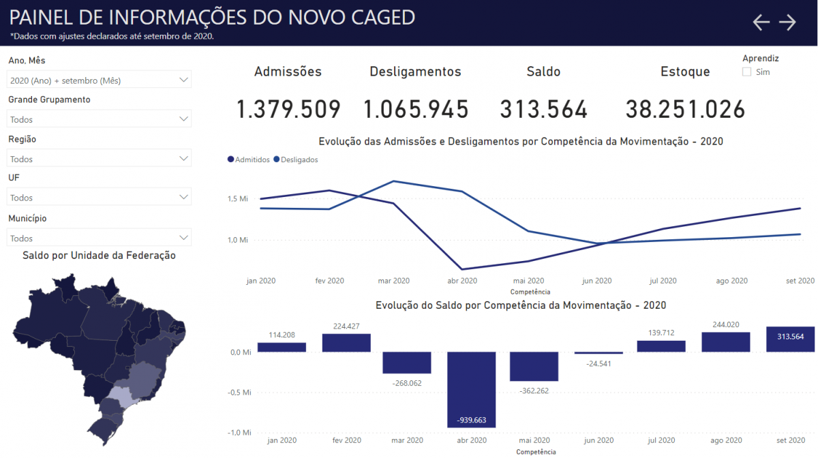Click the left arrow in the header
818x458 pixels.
point(761,22)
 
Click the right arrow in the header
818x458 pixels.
point(787,22)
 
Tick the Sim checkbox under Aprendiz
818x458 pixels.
point(746,72)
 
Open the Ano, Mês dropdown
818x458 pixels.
point(99,80)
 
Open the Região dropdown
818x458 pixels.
point(99,159)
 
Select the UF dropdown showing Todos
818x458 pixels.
point(99,198)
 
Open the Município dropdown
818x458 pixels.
point(99,238)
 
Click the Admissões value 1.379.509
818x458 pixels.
point(288,109)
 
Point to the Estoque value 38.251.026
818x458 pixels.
point(685,109)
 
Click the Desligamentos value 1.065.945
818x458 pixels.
point(416,109)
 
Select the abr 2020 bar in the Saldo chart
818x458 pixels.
point(471,388)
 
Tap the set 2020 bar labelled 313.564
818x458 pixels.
point(790,339)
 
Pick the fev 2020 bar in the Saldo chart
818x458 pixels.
point(346,343)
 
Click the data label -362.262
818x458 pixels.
point(533,391)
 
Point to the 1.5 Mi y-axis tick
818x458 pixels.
point(239,199)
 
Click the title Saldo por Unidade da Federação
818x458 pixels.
point(99,256)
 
